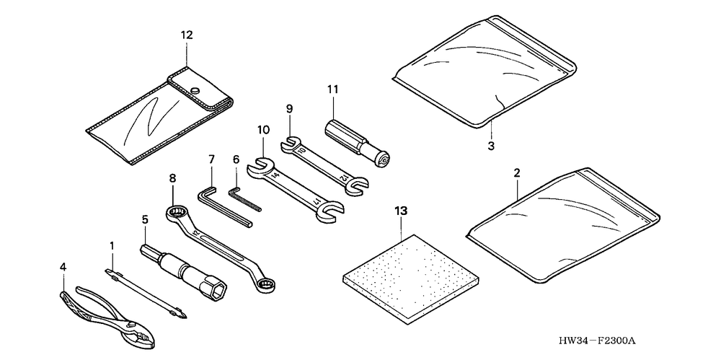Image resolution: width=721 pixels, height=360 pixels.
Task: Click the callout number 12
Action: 187,34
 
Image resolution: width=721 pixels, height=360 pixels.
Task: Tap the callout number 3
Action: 490,146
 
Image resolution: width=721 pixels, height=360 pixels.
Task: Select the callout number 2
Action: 517,174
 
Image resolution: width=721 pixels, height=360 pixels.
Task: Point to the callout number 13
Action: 401,211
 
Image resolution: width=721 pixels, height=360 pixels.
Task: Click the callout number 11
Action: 332,89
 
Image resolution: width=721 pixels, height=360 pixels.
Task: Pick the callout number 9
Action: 288,109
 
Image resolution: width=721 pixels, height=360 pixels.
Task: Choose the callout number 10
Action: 263,131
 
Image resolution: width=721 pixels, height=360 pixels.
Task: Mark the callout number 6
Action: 235,159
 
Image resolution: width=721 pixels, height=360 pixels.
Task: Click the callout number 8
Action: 173,177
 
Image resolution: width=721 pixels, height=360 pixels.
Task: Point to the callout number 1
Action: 112,246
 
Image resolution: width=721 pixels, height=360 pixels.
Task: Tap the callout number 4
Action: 63,267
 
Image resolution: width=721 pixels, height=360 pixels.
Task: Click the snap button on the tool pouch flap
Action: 195,90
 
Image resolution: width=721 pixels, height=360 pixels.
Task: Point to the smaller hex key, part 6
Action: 244,198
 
